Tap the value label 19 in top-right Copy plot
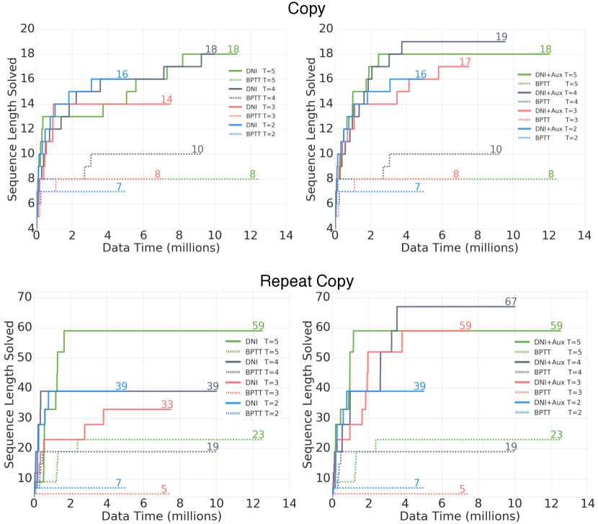[501, 37]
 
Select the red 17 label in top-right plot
[465, 62]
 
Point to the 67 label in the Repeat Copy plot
[510, 302]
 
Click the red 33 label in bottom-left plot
[167, 404]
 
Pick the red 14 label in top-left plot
[166, 99]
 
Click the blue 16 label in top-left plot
[122, 74]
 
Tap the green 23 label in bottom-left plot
[258, 434]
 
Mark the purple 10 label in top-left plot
[197, 149]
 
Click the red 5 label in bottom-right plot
[462, 489]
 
